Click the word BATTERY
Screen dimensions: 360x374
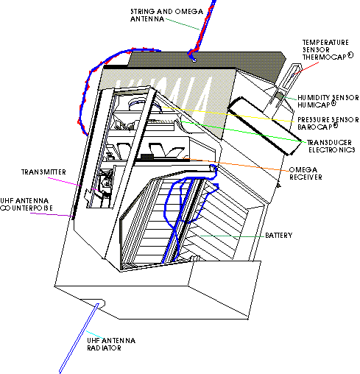279,236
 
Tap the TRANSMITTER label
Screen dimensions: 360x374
43,172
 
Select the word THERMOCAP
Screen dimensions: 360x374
324,57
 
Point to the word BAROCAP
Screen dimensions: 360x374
314,127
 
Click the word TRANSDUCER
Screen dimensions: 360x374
329,143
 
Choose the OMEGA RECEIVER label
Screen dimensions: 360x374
306,174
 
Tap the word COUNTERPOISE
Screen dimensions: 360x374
27,208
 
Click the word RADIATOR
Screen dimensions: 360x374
104,348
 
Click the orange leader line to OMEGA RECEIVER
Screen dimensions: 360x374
236,164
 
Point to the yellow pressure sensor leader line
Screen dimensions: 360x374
228,114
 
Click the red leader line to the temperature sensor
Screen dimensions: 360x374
306,68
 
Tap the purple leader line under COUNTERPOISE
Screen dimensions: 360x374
52,215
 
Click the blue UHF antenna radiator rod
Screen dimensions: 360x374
79,339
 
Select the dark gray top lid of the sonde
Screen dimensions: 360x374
206,64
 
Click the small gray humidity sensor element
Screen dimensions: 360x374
279,96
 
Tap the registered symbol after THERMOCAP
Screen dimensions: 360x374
350,55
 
